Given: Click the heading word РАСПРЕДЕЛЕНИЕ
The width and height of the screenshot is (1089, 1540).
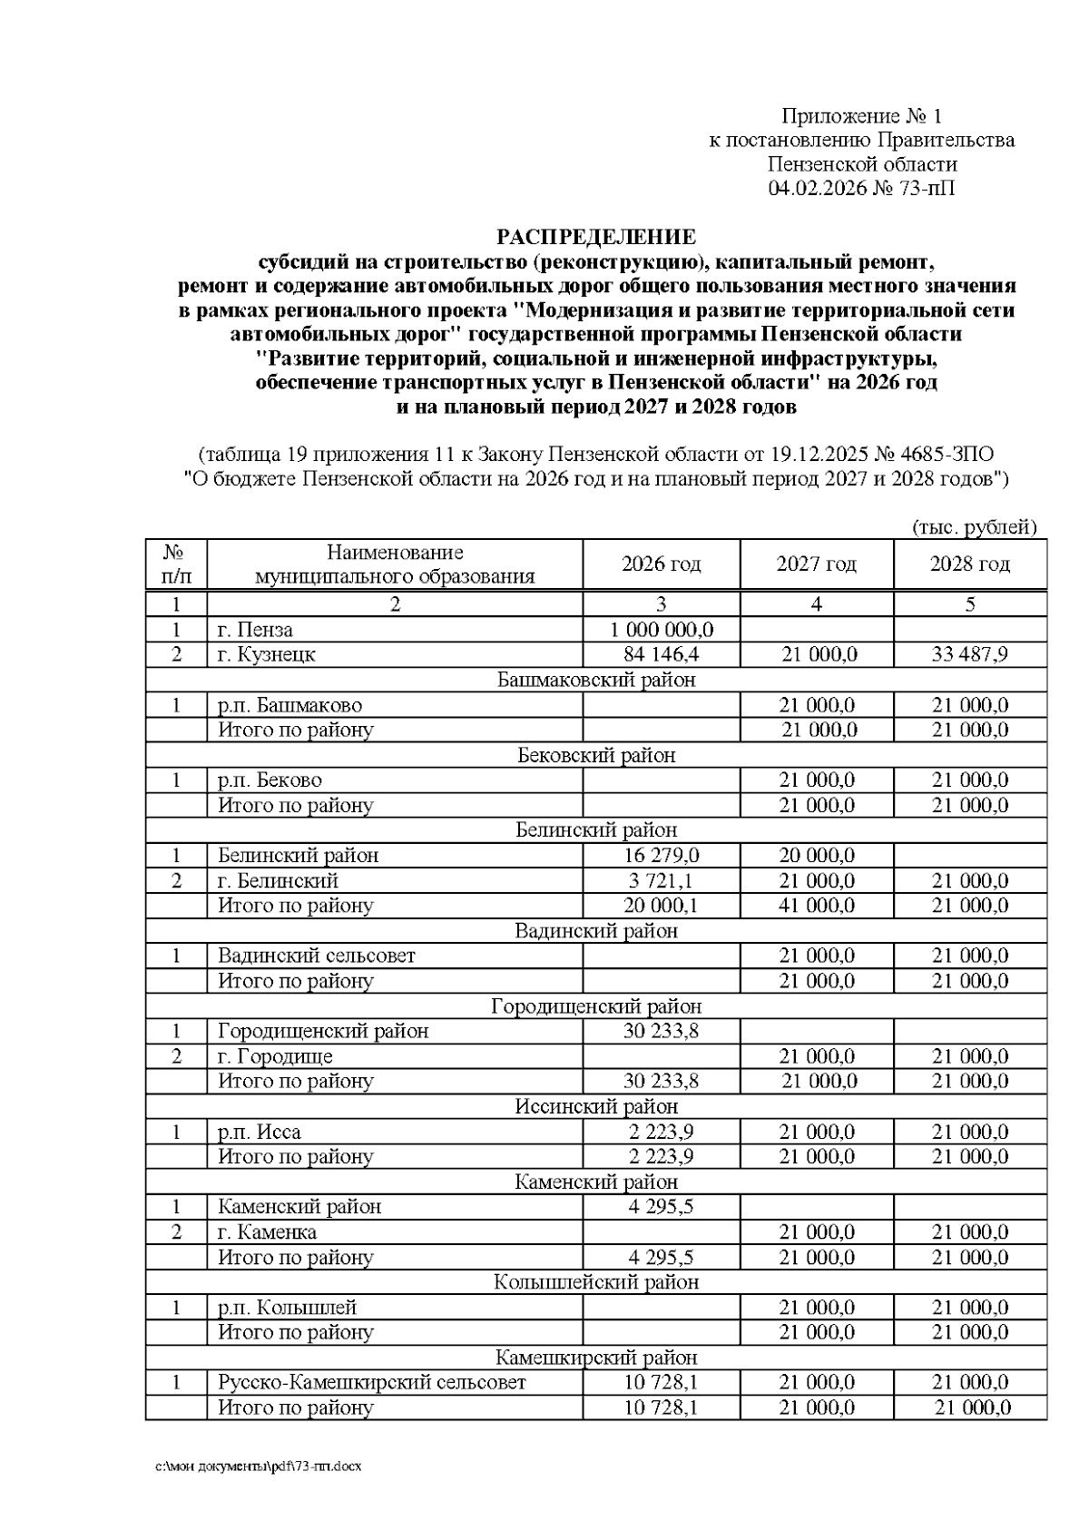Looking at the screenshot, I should point(596,238).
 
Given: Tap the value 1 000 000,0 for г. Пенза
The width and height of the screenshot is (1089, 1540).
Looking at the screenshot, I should point(661,630).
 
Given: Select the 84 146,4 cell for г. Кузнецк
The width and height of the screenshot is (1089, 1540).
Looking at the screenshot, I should point(661,654).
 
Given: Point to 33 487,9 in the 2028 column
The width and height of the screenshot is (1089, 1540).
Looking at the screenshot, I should point(969,654).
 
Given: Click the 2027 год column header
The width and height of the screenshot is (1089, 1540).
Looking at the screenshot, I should point(816,564).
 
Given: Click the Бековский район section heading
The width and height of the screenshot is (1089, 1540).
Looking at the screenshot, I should point(596,755).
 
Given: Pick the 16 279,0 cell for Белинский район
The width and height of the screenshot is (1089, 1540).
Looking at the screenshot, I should point(661,856).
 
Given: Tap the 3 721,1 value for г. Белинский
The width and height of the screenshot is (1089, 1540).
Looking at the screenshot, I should point(661,880).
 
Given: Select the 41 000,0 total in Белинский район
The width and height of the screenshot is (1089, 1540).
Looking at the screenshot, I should point(816,906).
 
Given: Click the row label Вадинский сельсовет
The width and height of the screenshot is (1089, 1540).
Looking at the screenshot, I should point(316,956).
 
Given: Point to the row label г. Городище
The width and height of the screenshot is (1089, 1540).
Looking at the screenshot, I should point(275,1056).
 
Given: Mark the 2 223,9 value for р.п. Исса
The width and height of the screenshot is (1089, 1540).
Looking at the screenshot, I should point(661,1132).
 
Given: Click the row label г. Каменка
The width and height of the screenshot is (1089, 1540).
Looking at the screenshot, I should point(267,1232).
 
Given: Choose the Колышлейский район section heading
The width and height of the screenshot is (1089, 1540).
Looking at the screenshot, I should point(596,1282).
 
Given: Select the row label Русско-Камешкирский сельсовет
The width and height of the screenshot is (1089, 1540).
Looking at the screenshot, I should point(371,1383).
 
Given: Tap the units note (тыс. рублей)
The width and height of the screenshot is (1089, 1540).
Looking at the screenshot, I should point(973,527).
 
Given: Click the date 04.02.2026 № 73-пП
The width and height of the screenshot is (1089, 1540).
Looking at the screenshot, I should point(861,189).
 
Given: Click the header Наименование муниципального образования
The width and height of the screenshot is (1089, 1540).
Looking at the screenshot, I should point(395,564).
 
